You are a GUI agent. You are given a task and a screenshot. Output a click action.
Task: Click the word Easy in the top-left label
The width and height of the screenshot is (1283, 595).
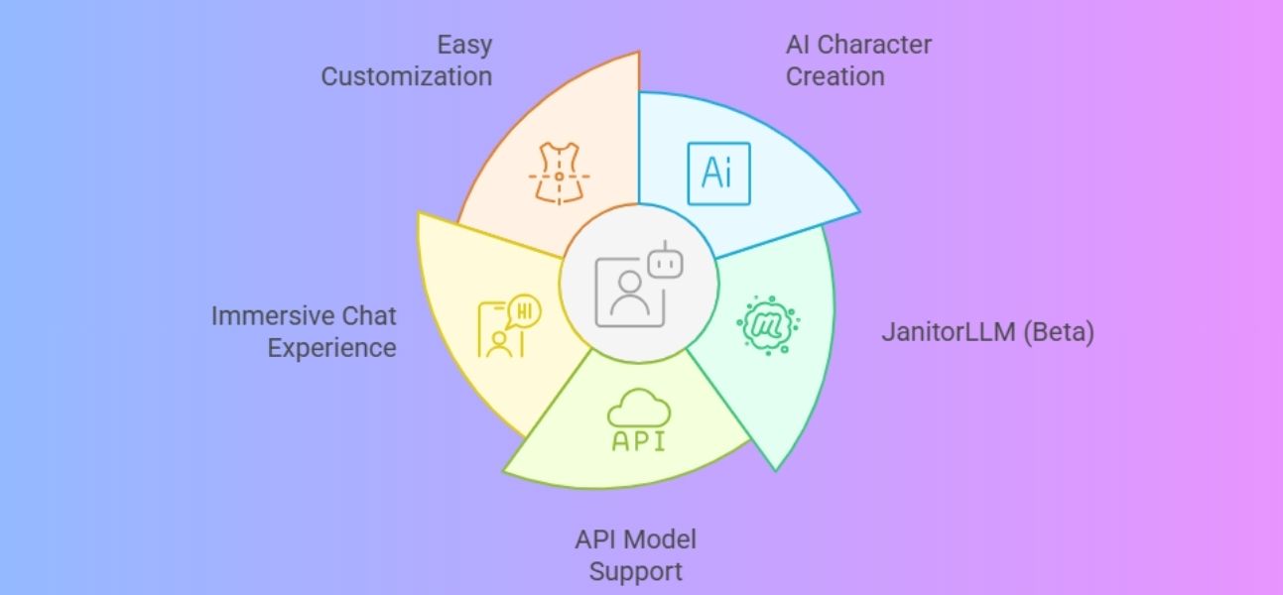tap(464, 45)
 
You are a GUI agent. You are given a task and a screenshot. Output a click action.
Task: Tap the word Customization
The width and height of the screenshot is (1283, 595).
tap(407, 76)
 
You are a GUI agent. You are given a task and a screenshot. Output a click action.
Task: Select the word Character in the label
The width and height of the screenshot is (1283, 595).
tap(874, 45)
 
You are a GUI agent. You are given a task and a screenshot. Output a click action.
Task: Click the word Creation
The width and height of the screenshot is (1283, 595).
tap(834, 76)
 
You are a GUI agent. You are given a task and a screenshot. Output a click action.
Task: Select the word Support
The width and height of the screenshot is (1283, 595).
tap(636, 571)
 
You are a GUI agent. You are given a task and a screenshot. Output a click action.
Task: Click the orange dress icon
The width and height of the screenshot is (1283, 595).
tap(559, 174)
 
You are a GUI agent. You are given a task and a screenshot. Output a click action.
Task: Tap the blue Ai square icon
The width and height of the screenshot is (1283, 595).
tap(718, 173)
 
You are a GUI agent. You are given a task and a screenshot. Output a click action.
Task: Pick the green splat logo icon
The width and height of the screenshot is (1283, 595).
tap(767, 321)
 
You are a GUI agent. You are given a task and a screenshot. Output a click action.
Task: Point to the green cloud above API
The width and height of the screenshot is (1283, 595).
tap(639, 407)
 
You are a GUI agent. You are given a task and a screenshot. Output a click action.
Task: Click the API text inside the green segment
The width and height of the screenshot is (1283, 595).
tap(639, 441)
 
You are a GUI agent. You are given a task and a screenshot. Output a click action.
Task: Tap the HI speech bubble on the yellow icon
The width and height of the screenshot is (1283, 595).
tap(525, 311)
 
